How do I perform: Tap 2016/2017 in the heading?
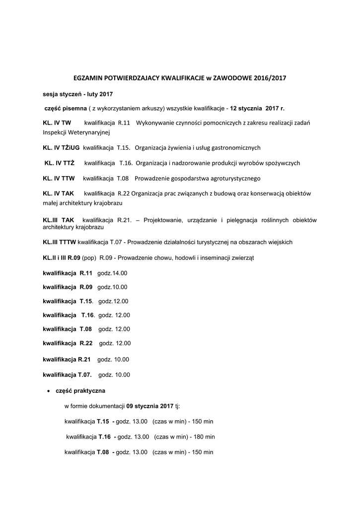(270, 78)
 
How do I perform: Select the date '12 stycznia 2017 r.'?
(258, 108)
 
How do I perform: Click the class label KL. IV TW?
(57, 123)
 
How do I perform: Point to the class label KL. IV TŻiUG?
(61, 148)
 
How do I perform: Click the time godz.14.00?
(112, 273)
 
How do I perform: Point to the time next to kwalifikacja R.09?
(112, 287)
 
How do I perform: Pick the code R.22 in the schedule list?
(86, 343)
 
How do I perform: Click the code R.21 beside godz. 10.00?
(84, 359)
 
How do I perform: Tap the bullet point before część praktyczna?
(48, 391)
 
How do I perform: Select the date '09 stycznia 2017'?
(150, 406)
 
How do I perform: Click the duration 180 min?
(205, 437)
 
